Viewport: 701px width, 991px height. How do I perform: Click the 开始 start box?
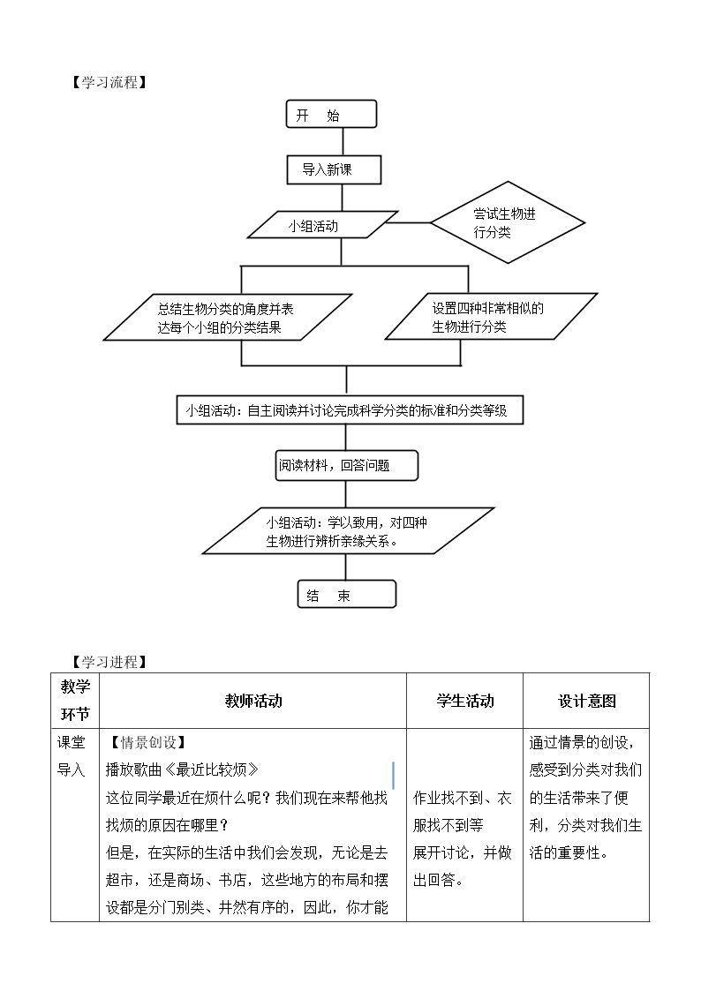point(331,115)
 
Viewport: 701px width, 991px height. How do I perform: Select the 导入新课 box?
point(334,169)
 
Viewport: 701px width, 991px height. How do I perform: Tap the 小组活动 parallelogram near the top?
point(322,225)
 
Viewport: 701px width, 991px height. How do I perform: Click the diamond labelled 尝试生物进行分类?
point(508,222)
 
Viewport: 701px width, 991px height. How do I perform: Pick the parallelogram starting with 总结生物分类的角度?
point(228,318)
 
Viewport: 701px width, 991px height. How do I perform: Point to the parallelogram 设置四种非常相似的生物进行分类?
point(491,317)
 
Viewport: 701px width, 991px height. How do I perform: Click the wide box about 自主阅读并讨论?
point(350,410)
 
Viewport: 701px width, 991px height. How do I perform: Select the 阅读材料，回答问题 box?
point(346,466)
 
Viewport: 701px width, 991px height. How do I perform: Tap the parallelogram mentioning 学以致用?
point(348,531)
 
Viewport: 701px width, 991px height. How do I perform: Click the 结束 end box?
point(346,595)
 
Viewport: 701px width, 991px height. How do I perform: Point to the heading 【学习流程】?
point(109,82)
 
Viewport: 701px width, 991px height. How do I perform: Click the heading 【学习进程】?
point(109,662)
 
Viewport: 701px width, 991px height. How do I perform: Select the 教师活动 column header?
point(253,701)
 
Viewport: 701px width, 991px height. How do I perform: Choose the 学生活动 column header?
point(465,701)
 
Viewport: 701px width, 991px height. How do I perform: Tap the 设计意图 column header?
point(586,701)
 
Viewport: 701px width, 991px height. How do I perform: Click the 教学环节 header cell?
point(75,701)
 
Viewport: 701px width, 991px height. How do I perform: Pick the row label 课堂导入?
point(71,756)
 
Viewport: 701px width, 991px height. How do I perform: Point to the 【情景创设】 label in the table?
point(147,742)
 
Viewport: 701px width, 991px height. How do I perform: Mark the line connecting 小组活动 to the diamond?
point(409,222)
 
